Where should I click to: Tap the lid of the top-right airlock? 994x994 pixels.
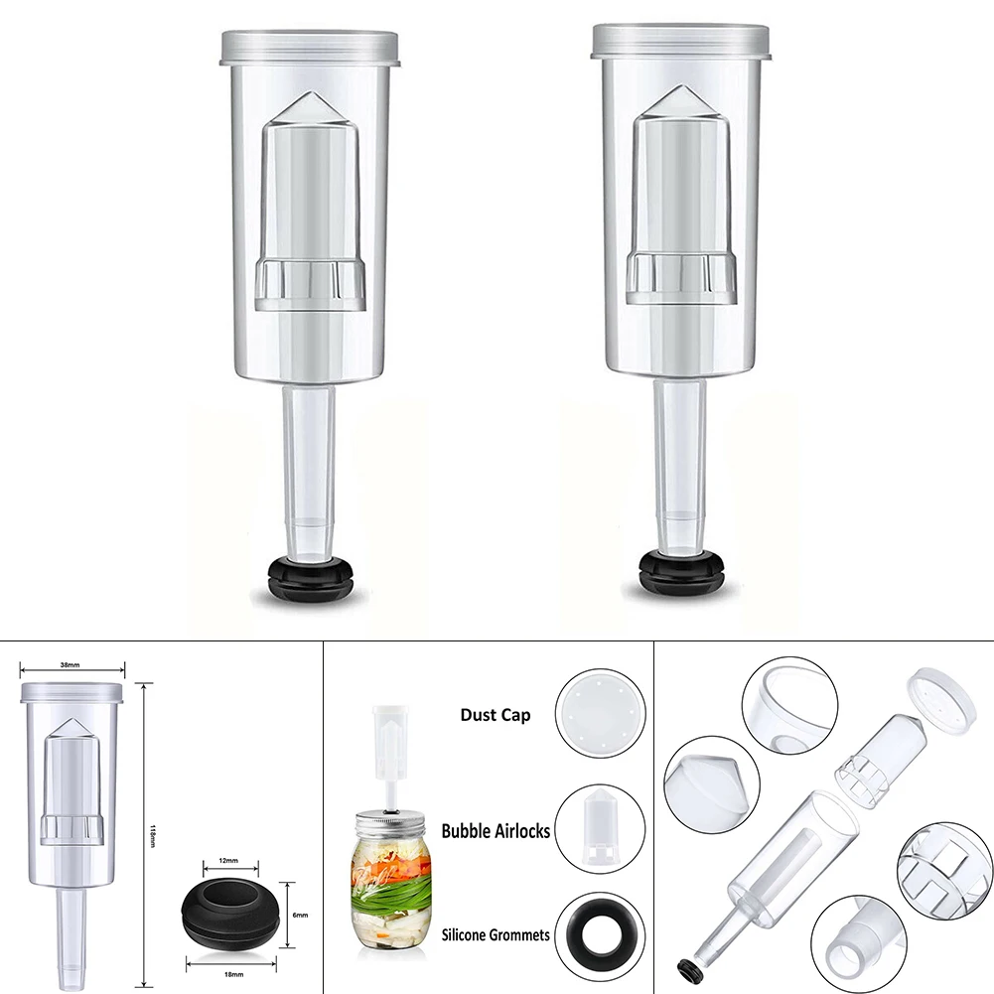(682, 40)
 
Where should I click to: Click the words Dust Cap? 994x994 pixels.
(495, 715)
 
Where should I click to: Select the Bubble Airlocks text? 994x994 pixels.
(496, 831)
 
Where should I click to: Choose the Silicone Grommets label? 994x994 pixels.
(496, 934)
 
